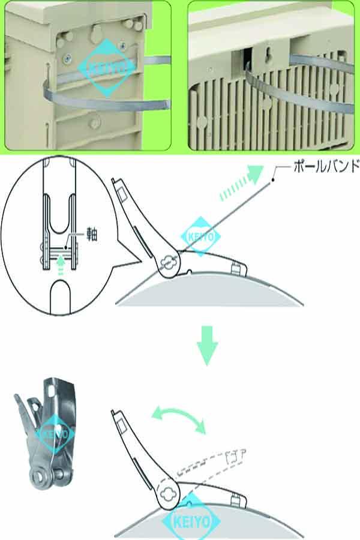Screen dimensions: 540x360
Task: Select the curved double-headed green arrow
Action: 178,418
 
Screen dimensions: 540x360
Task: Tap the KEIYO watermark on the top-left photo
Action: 106,67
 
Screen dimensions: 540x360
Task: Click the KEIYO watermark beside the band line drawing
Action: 202,235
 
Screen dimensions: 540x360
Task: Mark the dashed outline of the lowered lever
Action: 222,462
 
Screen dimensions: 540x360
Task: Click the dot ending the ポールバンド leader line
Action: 272,178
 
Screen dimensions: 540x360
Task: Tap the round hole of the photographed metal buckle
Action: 43,478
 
